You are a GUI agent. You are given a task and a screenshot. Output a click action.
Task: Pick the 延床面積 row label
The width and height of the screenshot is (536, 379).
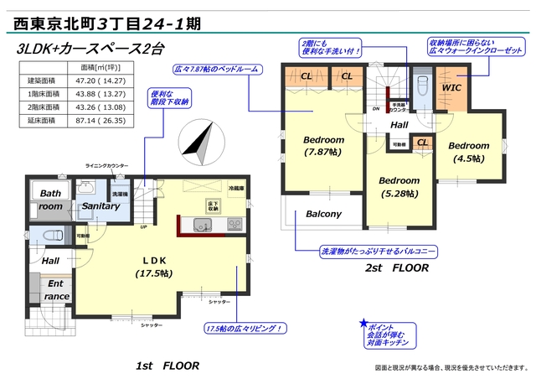pos(37,121)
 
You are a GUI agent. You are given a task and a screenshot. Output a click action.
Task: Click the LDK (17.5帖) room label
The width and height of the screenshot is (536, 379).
pos(153,267)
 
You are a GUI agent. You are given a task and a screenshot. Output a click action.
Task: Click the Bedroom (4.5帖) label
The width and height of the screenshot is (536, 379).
pos(472,152)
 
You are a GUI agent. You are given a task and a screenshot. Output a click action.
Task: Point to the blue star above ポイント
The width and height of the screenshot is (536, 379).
pos(363,323)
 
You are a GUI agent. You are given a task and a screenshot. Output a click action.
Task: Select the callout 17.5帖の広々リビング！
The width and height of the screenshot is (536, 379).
pos(244,328)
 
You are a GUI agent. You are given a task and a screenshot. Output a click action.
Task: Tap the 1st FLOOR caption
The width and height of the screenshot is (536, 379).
pos(167,366)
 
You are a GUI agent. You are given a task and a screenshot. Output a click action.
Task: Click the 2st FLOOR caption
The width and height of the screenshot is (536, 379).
pos(396,269)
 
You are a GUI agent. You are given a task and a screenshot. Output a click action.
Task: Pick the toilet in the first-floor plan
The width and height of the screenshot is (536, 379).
pos(46,236)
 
